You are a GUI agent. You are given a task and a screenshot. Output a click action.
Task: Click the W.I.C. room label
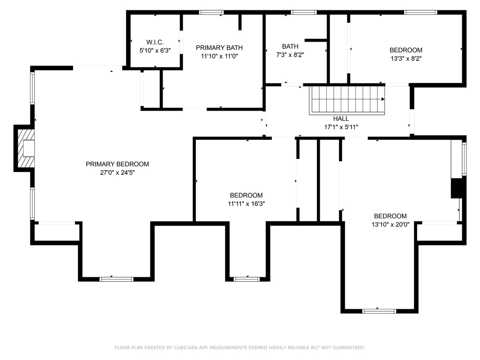[x=155, y=42]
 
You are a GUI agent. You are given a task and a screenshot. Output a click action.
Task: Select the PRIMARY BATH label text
[x=219, y=48]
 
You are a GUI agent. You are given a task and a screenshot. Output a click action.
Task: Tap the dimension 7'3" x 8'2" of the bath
[x=290, y=54]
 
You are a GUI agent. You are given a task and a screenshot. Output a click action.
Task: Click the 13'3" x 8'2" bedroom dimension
[x=406, y=59]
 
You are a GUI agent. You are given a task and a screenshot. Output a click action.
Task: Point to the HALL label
[x=341, y=119]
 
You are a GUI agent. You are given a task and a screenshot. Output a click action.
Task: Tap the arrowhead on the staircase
[x=383, y=99]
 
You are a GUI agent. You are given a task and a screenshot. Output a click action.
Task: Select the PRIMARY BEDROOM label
[x=117, y=164]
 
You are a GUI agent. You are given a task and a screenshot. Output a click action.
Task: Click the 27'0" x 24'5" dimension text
[x=117, y=172]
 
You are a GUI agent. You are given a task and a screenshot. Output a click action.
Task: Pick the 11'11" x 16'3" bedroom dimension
[x=246, y=203]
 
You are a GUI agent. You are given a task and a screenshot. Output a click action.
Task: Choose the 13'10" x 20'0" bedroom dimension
[x=390, y=224]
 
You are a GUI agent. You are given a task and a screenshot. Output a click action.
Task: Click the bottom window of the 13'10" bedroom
[x=380, y=311]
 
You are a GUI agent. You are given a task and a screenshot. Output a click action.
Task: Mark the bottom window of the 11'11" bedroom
[x=247, y=279]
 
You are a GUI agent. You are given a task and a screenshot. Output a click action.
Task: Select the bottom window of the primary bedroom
[x=116, y=279]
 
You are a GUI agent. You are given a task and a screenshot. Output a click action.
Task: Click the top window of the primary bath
[x=211, y=12]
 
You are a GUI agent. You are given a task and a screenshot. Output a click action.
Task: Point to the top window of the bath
[x=304, y=12]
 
